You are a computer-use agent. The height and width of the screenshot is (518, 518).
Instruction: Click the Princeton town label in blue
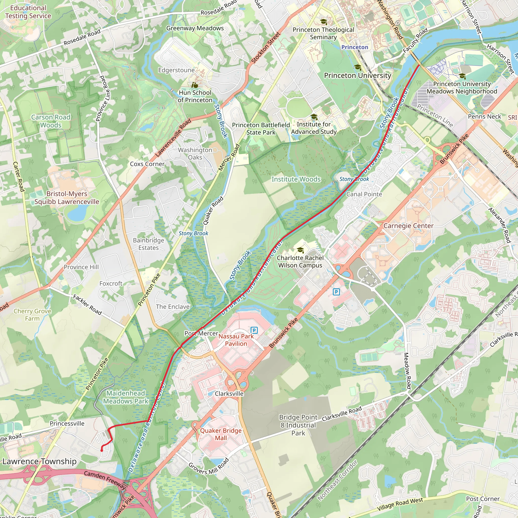pos(355,47)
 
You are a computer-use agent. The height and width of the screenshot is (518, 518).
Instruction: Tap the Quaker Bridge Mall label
pos(221,434)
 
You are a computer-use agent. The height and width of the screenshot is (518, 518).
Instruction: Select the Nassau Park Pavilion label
pos(236,340)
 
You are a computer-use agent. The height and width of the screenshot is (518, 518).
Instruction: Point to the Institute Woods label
pos(296,179)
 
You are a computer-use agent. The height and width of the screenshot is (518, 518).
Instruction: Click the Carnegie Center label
pos(408,226)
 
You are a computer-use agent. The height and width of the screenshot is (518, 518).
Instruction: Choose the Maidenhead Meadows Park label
pos(126,397)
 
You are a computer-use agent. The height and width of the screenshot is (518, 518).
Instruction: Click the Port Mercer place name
pos(201,333)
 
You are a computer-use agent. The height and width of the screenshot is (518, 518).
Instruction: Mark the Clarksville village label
pos(229,394)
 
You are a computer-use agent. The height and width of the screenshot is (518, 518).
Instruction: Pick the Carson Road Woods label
pos(51,121)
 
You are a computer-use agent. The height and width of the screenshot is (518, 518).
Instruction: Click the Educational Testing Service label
pos(28,12)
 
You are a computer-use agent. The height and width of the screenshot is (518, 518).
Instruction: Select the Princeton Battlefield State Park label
pos(261,129)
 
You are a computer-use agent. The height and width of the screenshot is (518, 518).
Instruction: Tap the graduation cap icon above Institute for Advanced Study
pos(314,117)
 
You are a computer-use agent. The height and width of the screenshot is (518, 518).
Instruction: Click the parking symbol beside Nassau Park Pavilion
pos(254,330)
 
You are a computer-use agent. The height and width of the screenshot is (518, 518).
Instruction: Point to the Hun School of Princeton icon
pos(195,85)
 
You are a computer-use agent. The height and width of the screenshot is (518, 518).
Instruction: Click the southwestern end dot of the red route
pos(102,450)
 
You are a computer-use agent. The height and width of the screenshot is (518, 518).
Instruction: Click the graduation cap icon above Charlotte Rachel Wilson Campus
pos(300,250)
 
